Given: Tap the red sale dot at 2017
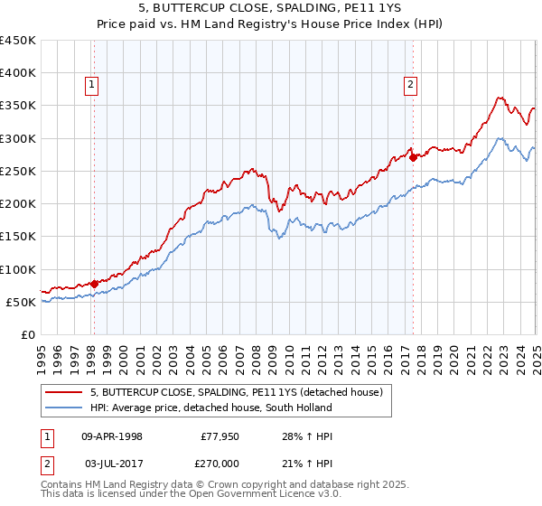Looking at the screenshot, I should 413,157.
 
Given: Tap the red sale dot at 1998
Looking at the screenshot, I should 94,283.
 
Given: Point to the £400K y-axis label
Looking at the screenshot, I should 18,73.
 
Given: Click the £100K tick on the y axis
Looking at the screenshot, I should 18,269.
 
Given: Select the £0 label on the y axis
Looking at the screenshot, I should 27,334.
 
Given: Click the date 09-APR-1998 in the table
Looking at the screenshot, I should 112,436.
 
